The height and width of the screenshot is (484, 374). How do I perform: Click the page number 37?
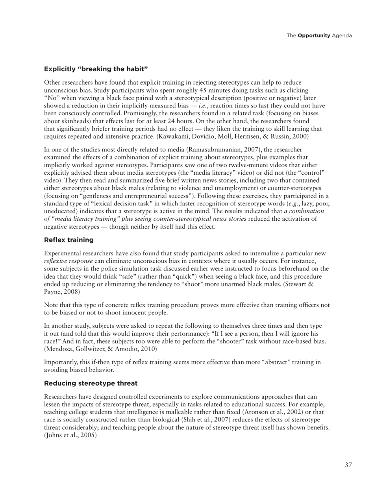348,465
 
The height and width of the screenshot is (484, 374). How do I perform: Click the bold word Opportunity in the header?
314,36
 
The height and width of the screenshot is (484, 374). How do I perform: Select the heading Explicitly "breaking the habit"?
96,69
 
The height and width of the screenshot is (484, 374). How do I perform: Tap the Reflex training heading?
69,240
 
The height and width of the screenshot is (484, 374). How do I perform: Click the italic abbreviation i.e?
204,105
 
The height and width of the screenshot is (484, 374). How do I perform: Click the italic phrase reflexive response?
68,261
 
